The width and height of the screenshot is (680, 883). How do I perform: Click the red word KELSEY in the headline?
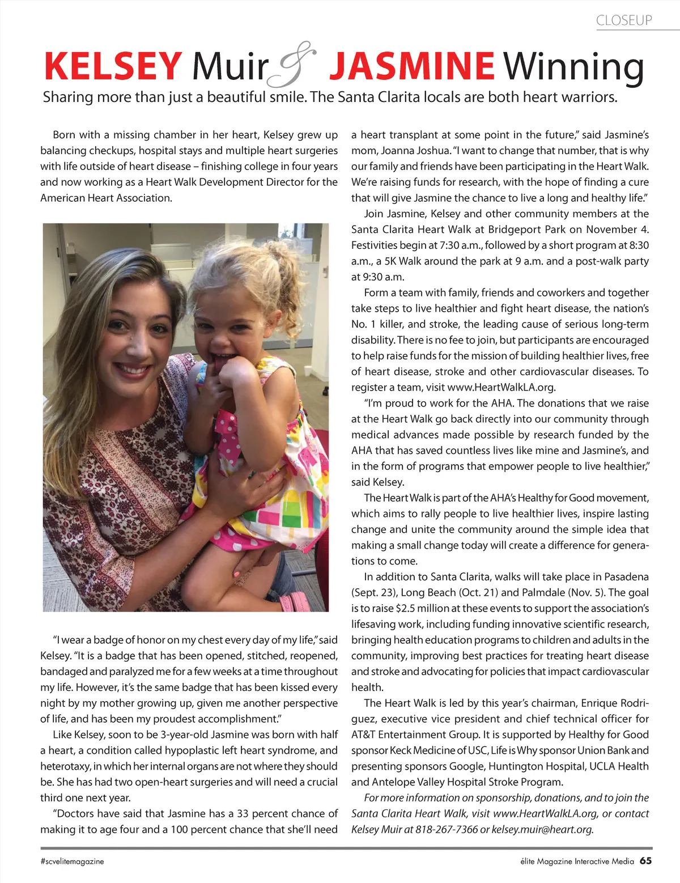click(x=113, y=66)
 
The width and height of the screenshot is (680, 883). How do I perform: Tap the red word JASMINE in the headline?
click(x=412, y=66)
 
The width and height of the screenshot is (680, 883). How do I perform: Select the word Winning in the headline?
click(x=573, y=67)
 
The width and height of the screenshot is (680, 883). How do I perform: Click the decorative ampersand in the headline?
click(x=295, y=65)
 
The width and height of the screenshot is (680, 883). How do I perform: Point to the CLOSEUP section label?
click(x=624, y=21)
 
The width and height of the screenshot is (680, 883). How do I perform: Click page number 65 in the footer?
click(x=645, y=860)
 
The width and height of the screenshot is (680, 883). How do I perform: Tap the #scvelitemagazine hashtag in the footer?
click(x=72, y=861)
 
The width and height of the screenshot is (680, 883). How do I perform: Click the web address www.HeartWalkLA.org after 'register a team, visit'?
click(x=500, y=388)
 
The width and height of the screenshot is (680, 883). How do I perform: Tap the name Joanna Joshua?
click(x=414, y=151)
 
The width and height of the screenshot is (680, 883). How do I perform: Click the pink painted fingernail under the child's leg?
click(x=237, y=574)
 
